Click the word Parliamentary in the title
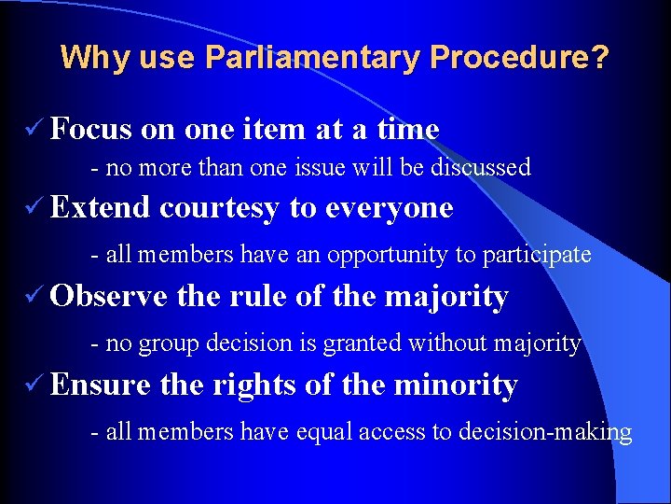click(x=311, y=59)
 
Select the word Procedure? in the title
click(x=519, y=59)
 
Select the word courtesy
click(x=219, y=207)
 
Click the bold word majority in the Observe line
click(x=446, y=298)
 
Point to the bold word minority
click(x=457, y=385)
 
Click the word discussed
click(x=475, y=168)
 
